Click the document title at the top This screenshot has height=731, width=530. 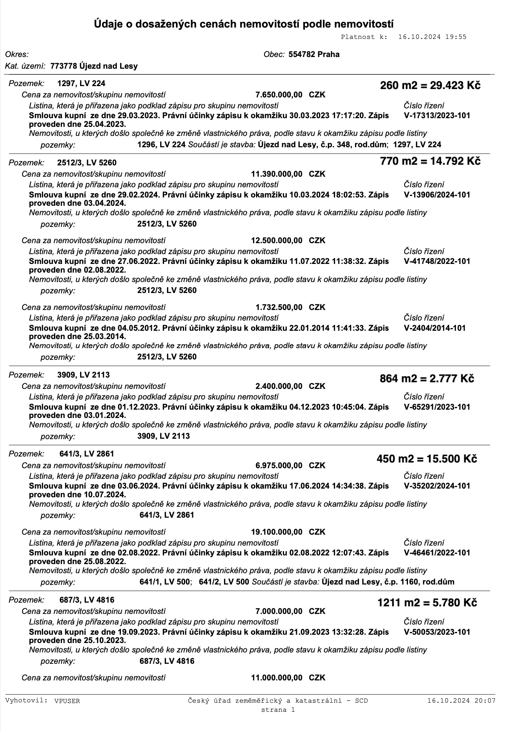[x=244, y=25]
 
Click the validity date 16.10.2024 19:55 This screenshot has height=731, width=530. [x=432, y=37]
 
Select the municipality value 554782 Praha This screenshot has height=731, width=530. [x=314, y=54]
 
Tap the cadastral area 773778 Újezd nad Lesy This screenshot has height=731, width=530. [x=94, y=66]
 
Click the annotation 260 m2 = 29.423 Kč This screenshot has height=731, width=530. [x=430, y=85]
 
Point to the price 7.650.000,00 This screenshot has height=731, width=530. [x=279, y=95]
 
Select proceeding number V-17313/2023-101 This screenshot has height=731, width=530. [x=437, y=116]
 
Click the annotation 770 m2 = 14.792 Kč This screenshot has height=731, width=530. [x=430, y=161]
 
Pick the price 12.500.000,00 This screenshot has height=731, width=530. [x=277, y=241]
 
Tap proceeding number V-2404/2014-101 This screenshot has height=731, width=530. [x=434, y=328]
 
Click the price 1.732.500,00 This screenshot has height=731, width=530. [x=279, y=307]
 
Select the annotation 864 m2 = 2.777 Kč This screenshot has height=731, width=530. [x=427, y=378]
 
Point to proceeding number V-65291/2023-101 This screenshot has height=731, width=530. [x=437, y=407]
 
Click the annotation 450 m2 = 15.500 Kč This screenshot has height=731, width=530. [x=427, y=459]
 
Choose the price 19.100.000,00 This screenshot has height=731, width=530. [x=277, y=532]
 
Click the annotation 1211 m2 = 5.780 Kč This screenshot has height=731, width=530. [x=427, y=603]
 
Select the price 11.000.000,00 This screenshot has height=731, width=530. [x=277, y=678]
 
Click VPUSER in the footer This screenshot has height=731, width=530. [x=67, y=701]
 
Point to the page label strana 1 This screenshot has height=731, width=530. [x=278, y=710]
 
